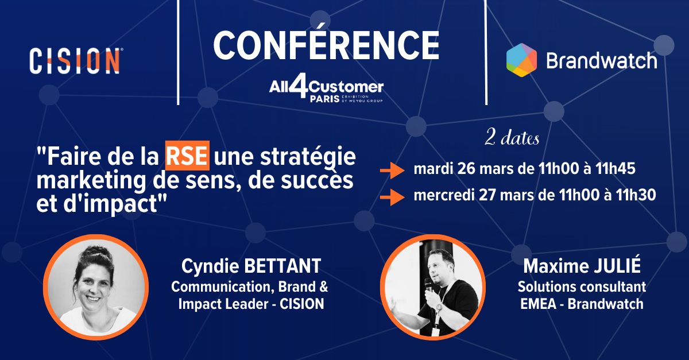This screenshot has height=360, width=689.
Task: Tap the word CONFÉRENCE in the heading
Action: pos(326,45)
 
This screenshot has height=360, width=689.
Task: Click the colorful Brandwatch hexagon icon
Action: pos(521,60)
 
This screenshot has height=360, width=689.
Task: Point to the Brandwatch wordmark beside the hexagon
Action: pos(602,60)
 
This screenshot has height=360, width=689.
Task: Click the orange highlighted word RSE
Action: pos(187,156)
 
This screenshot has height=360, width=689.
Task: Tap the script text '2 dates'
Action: pos(512,138)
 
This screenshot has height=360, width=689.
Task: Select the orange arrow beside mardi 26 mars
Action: pos(392,170)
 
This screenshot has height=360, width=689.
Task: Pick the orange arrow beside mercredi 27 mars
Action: pos(392,197)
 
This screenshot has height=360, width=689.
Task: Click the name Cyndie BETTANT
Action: pos(251,266)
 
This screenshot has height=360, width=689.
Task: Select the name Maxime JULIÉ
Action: pos(582,266)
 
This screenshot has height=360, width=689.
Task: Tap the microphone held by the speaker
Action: pos(428,285)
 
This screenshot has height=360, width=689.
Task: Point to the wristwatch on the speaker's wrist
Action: pos(439,307)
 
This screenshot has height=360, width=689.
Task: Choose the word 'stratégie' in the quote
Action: pos(308,157)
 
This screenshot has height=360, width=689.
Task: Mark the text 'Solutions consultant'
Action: pos(582,287)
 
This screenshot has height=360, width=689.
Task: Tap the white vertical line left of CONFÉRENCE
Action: pos(178,52)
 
